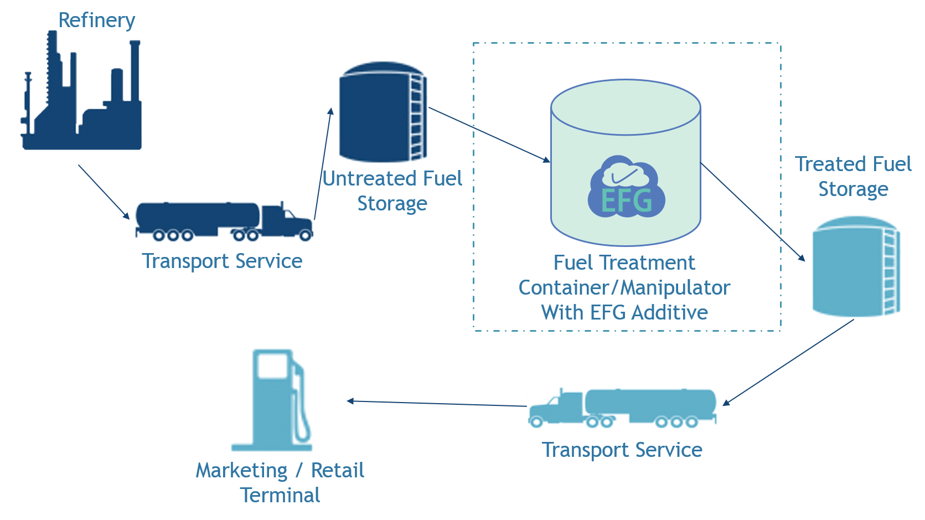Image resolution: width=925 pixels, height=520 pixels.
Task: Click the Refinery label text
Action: coord(96,20)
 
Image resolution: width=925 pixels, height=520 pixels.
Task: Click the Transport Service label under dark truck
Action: coord(222,261)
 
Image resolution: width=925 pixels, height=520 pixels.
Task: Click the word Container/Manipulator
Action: coord(624,287)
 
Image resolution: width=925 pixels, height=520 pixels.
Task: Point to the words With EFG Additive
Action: coord(624,312)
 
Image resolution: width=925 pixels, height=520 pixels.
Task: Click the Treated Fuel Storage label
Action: coord(853,176)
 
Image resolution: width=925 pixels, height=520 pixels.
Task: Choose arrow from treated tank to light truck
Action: coord(789,363)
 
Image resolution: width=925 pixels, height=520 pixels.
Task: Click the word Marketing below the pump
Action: coord(242,470)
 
